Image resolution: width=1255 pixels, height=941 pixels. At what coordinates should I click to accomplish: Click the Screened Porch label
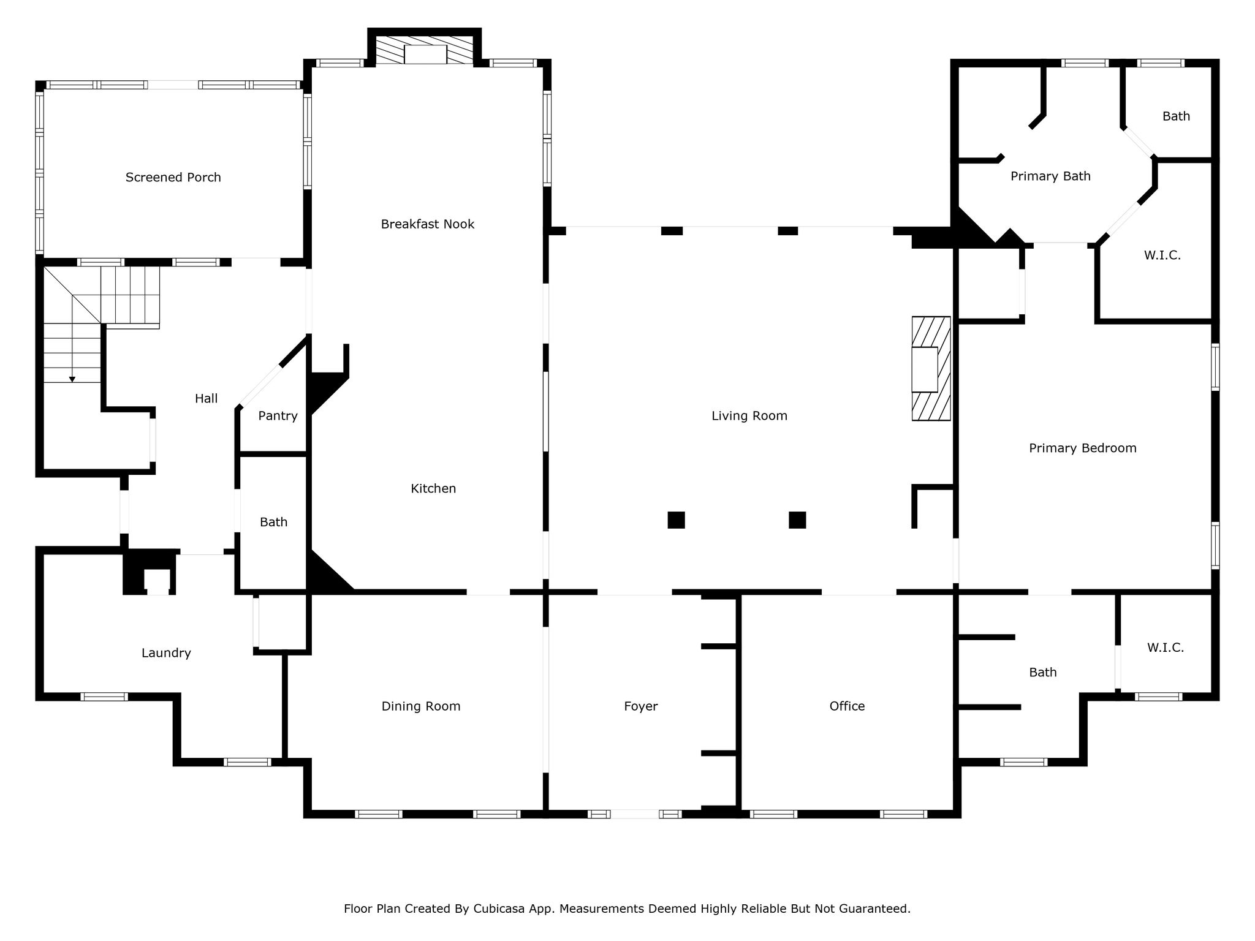(173, 177)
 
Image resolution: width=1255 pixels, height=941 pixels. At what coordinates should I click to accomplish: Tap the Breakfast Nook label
(428, 224)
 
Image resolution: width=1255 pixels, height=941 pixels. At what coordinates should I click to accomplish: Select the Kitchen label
(433, 488)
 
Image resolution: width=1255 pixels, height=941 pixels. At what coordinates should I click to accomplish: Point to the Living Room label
(749, 416)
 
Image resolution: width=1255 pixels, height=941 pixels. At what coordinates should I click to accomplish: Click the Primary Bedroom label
(1083, 448)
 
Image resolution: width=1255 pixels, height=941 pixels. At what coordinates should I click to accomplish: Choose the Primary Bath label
(1050, 176)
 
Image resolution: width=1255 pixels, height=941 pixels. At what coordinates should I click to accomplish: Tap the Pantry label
(278, 416)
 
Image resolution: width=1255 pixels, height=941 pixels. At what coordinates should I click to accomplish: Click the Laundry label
(166, 653)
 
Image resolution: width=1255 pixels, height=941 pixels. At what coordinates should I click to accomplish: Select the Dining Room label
(421, 706)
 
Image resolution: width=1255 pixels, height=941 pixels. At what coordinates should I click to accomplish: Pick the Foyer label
(641, 706)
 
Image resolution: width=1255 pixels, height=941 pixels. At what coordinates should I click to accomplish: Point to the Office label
(847, 706)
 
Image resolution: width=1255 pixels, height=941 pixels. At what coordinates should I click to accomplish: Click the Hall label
(207, 399)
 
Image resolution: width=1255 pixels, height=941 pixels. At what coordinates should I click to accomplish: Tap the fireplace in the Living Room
(931, 368)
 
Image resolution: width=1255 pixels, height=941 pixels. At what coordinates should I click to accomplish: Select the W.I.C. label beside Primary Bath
(1162, 255)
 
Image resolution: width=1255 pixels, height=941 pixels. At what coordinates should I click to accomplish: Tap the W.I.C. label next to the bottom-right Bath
(1165, 648)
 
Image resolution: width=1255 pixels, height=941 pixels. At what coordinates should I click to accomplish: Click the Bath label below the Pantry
(273, 522)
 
